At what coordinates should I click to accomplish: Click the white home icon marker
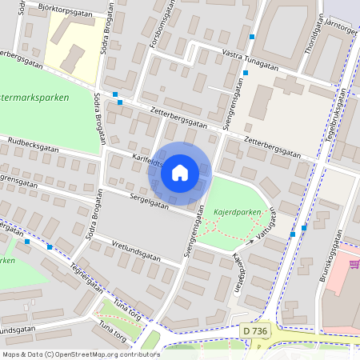point(180,173)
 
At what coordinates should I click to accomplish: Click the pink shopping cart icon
point(353,264)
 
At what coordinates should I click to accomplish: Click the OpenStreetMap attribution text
point(70,354)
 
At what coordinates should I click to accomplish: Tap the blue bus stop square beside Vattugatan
point(293,234)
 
